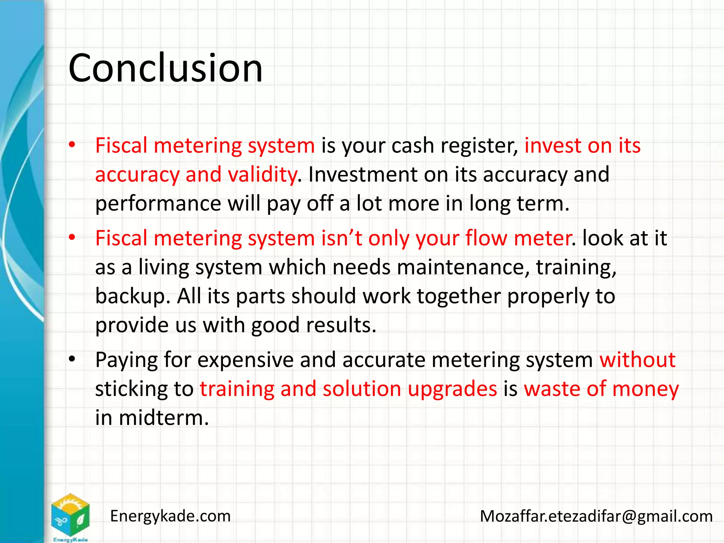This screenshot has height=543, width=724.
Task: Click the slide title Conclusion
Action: [x=165, y=68]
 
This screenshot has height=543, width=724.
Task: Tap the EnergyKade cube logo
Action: [x=70, y=516]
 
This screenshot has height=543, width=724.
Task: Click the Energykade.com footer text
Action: [x=170, y=516]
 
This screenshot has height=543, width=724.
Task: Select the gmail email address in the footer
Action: [x=596, y=516]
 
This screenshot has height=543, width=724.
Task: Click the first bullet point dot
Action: [x=72, y=145]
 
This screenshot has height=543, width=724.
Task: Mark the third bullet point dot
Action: [x=72, y=359]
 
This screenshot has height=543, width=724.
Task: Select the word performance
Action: [x=158, y=204]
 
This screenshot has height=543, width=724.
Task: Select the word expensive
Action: [x=245, y=360]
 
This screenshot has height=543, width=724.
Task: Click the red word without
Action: [x=637, y=360]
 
